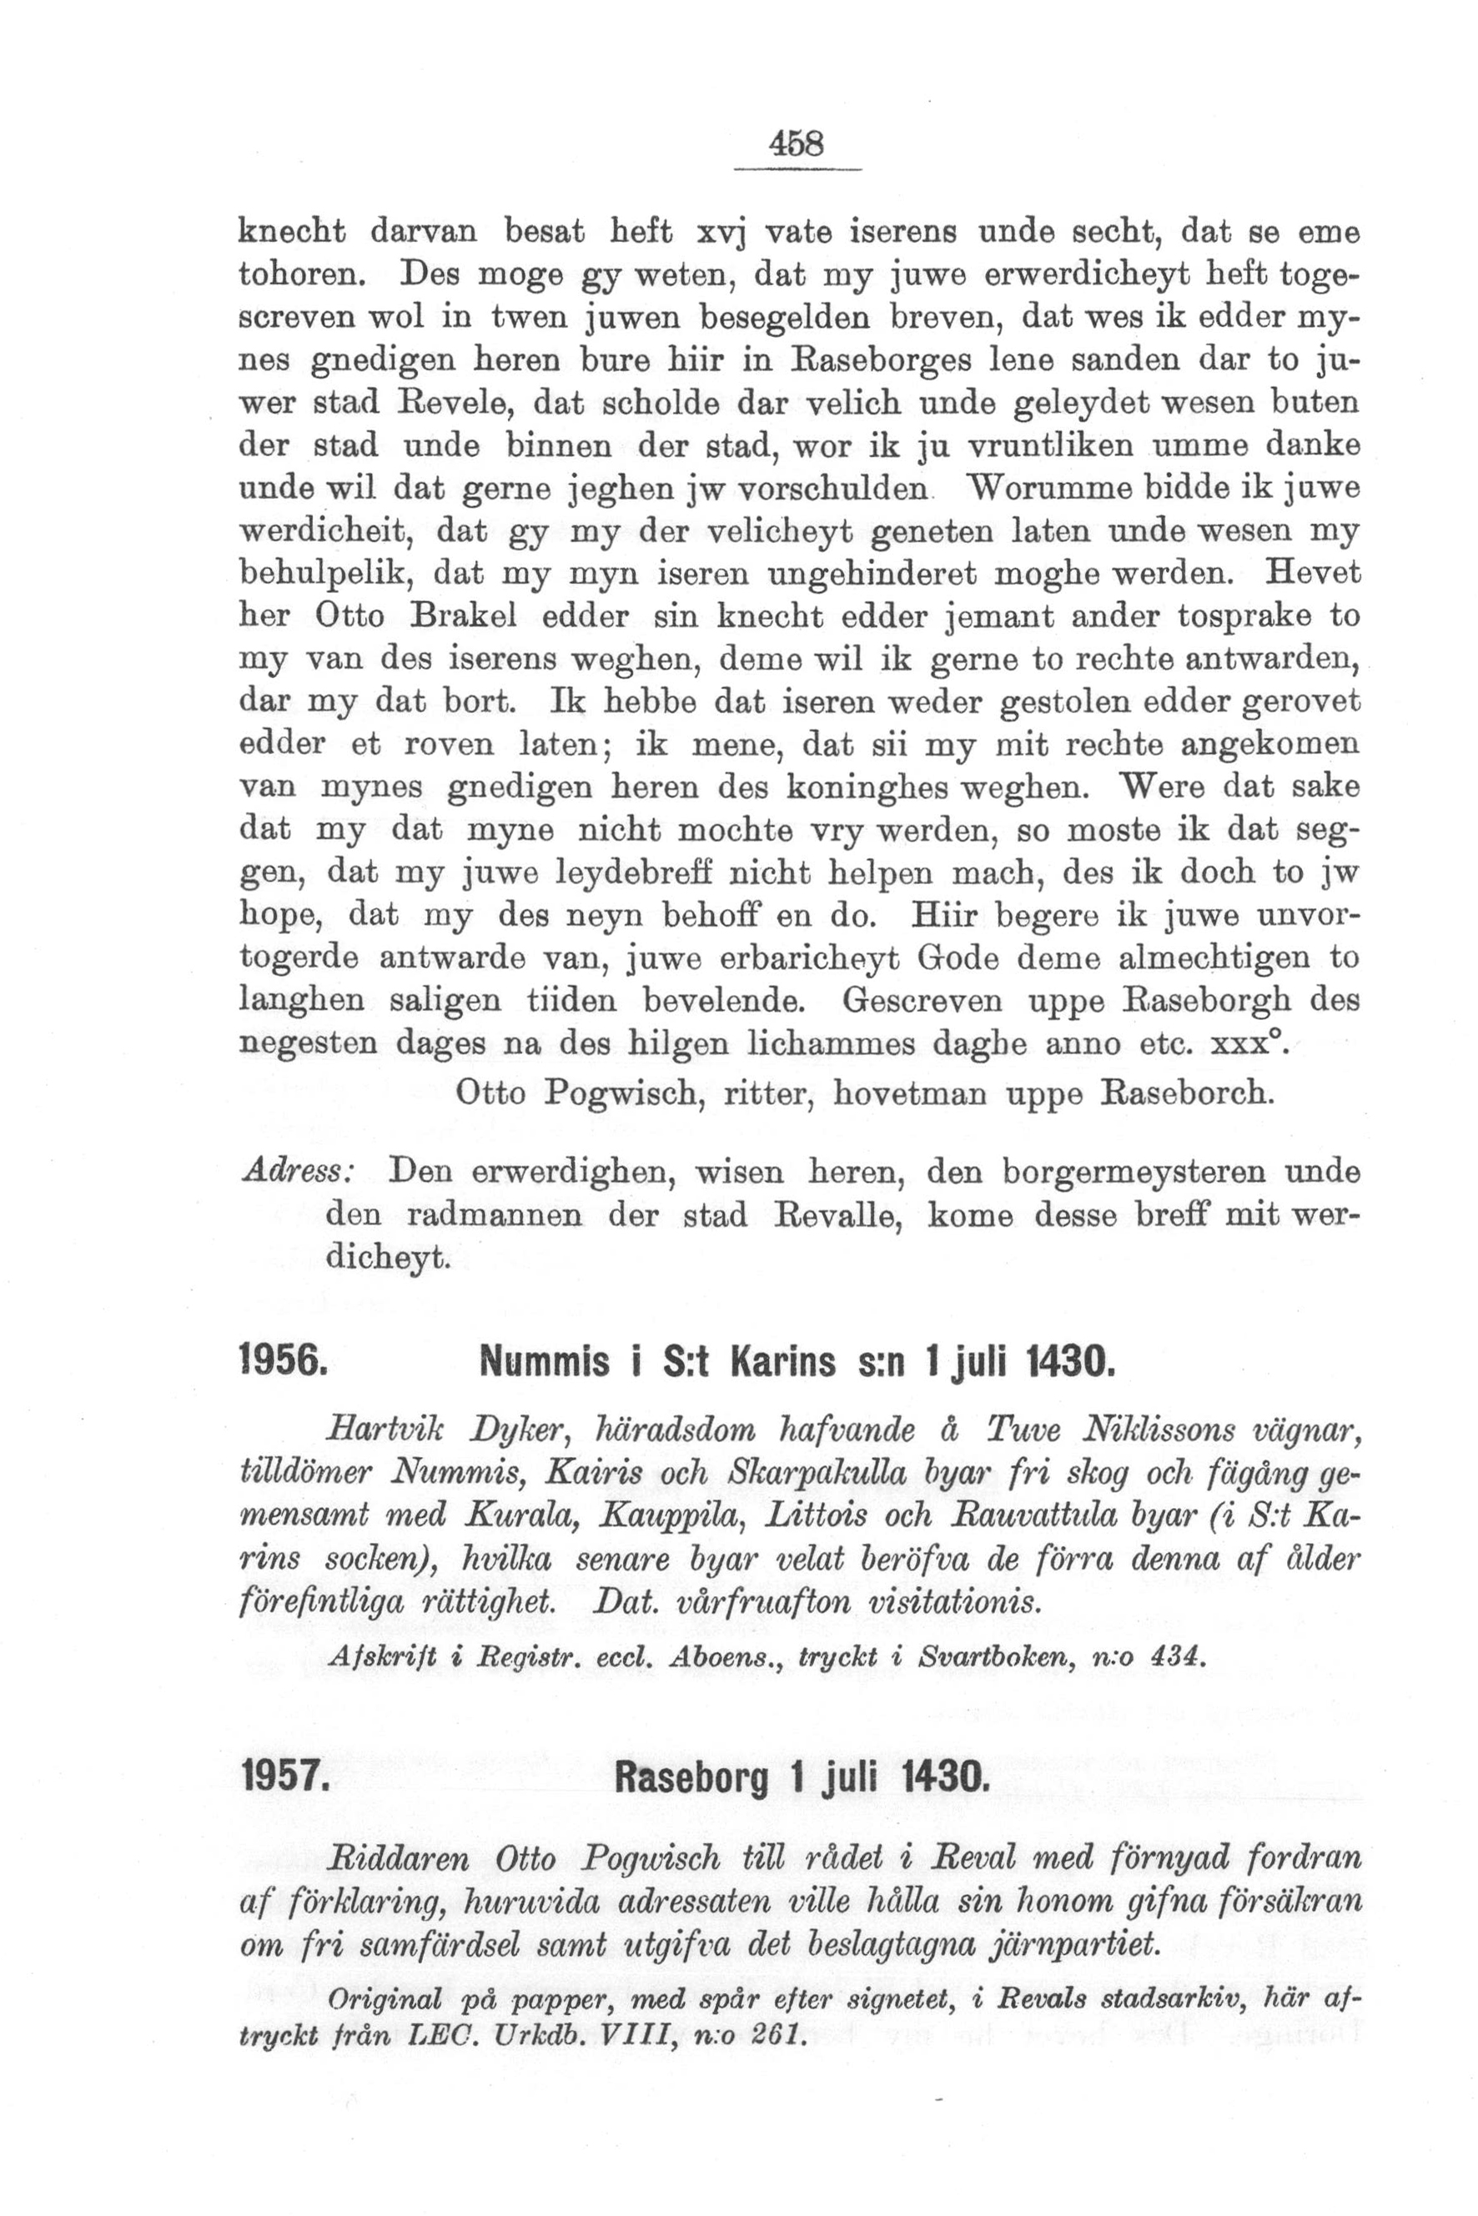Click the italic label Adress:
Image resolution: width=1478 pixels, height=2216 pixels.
[x=298, y=1172]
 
